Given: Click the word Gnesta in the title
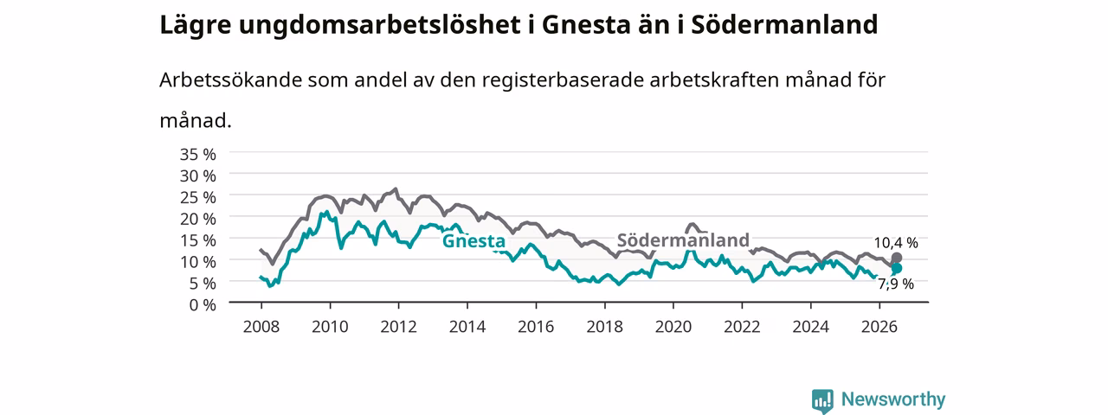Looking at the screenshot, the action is click(x=586, y=25).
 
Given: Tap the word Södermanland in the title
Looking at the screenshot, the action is click(x=784, y=25).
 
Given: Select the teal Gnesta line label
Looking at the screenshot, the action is click(x=473, y=241).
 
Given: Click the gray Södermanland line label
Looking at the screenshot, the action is click(x=683, y=240).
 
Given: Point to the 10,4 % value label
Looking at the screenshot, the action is click(x=896, y=243).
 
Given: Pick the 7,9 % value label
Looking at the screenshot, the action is click(x=896, y=284).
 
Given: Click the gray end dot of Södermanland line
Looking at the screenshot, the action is click(x=896, y=258).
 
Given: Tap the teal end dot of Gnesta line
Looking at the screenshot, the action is click(x=896, y=268).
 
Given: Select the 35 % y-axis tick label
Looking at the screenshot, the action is click(x=198, y=155).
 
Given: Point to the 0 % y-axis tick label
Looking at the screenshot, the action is click(x=203, y=305).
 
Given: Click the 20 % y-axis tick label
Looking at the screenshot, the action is click(x=198, y=219).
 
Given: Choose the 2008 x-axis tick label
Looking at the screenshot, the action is click(x=261, y=327).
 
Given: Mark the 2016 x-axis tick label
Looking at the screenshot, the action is click(x=536, y=327).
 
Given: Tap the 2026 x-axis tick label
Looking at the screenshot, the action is click(x=879, y=327).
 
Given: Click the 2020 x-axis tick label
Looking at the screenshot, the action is click(x=673, y=327).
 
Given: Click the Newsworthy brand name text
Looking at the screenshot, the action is click(x=893, y=399).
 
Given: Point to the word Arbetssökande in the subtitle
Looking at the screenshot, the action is click(x=230, y=80).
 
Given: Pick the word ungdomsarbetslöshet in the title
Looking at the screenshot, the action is click(x=379, y=26).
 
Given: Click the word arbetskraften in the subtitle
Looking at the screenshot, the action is click(x=714, y=80).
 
